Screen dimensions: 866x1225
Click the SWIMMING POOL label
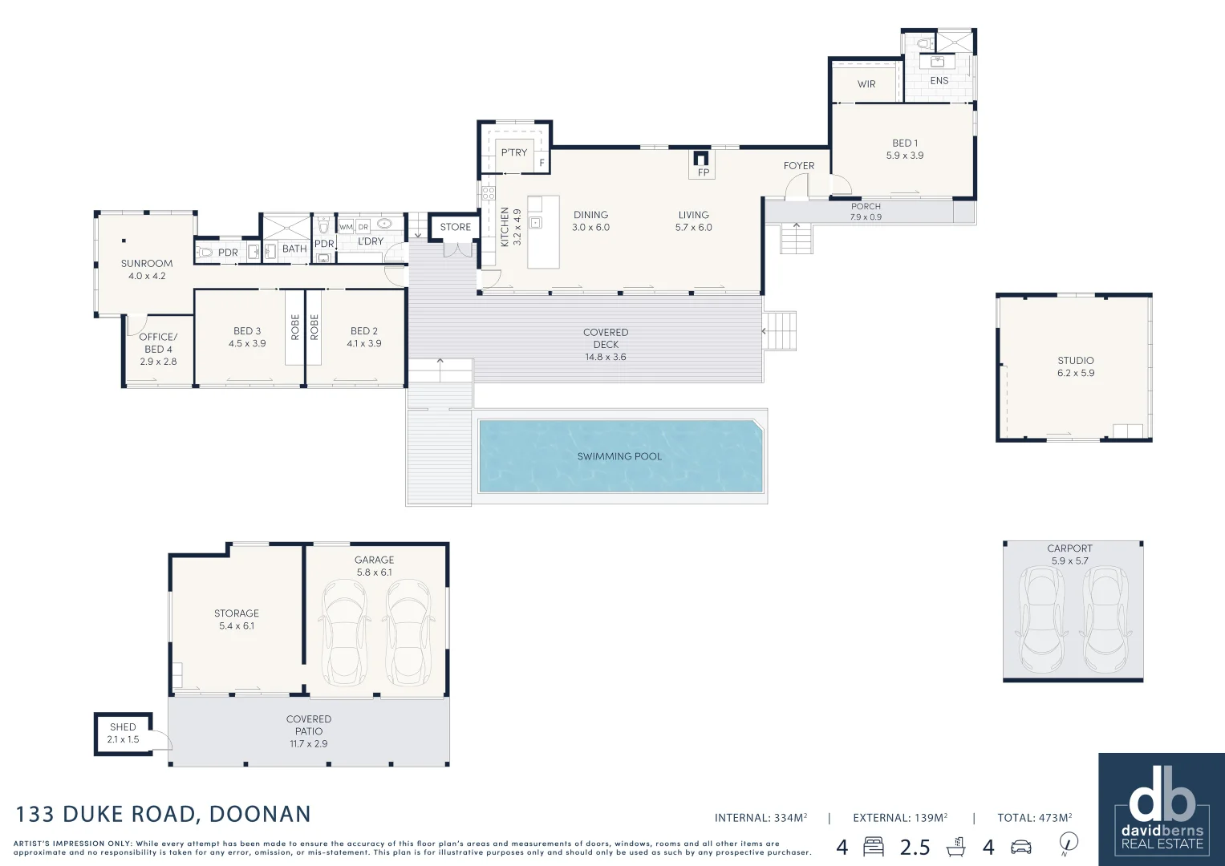click(x=619, y=456)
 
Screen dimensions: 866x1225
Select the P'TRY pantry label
click(x=514, y=152)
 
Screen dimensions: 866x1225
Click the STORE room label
click(x=455, y=227)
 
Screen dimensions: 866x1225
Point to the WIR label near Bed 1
click(x=866, y=84)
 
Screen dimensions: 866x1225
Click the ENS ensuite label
click(x=939, y=80)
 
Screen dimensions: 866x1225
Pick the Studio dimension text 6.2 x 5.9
click(x=1075, y=373)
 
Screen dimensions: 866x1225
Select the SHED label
click(x=123, y=727)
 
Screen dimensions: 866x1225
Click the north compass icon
click(x=1068, y=843)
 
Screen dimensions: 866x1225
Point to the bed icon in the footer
click(x=873, y=846)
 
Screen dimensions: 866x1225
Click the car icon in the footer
click(x=1020, y=847)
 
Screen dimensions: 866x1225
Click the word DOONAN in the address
click(x=259, y=814)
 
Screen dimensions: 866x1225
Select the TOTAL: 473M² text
click(x=1034, y=818)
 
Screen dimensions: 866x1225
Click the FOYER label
click(x=798, y=166)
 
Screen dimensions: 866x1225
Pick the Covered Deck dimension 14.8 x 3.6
click(x=606, y=357)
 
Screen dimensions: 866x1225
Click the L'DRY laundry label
click(x=371, y=241)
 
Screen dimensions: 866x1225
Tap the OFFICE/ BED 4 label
click(x=158, y=343)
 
